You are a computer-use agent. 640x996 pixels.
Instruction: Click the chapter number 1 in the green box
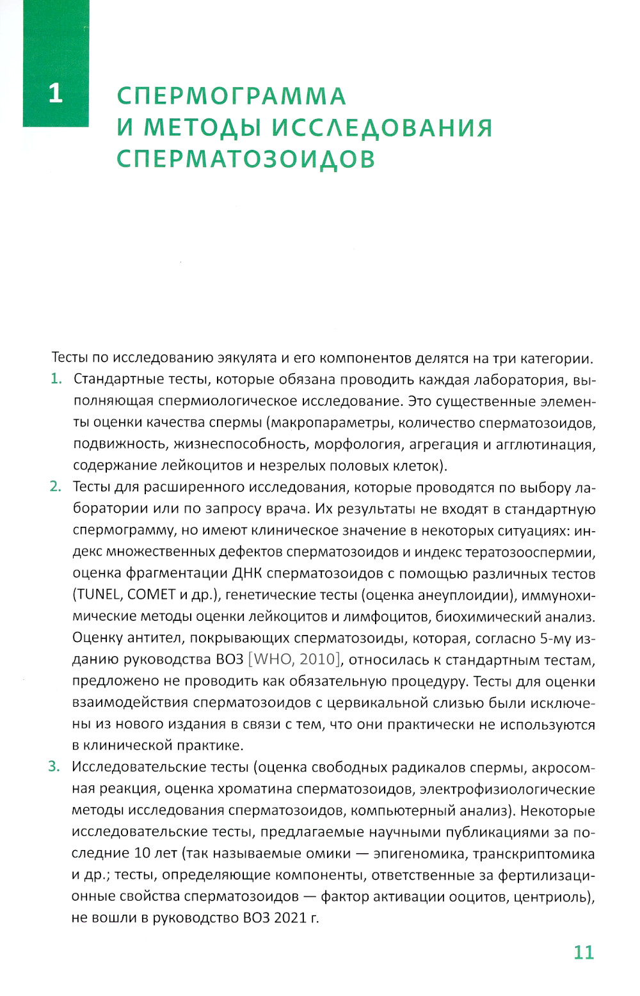pyautogui.click(x=56, y=93)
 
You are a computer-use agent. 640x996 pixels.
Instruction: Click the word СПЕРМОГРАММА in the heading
pyautogui.click(x=231, y=96)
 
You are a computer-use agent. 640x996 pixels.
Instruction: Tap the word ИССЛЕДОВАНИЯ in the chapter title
pyautogui.click(x=382, y=127)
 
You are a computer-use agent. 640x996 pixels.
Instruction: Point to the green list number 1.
pyautogui.click(x=56, y=379)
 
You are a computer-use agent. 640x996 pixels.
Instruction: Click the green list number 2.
pyautogui.click(x=56, y=486)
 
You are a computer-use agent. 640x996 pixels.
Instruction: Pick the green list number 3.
pyautogui.click(x=54, y=766)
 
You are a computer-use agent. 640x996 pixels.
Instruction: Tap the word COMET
pyautogui.click(x=152, y=594)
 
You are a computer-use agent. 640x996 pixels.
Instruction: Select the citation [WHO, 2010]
pyautogui.click(x=295, y=659)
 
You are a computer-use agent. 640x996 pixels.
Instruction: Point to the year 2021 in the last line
pyautogui.click(x=291, y=917)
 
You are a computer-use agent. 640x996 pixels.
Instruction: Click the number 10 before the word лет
pyautogui.click(x=142, y=853)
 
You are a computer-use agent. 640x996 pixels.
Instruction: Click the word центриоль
pyautogui.click(x=552, y=896)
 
